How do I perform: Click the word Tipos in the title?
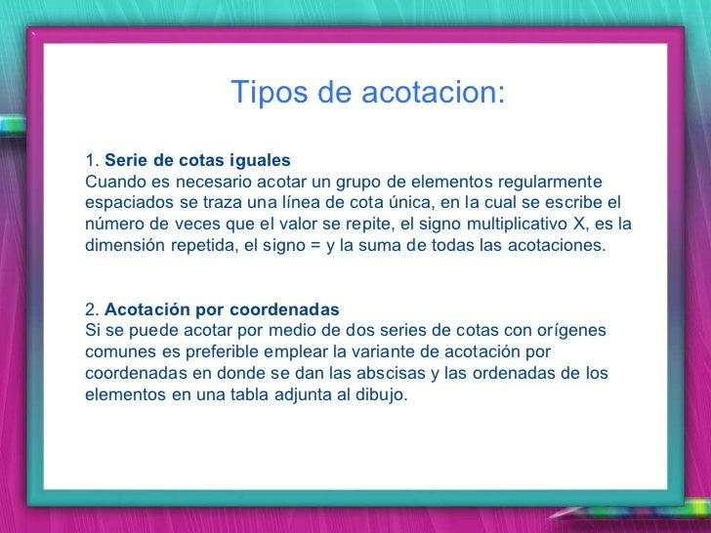[x=261, y=94]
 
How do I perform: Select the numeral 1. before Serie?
[x=92, y=160]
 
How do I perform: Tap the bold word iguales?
[x=260, y=160]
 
